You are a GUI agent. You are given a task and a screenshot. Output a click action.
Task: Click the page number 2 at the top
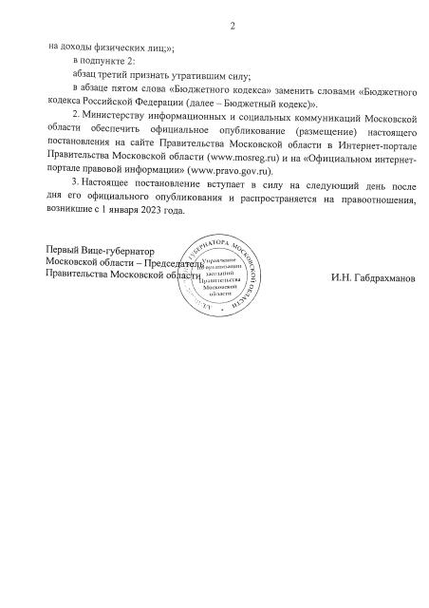pyautogui.click(x=231, y=26)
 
